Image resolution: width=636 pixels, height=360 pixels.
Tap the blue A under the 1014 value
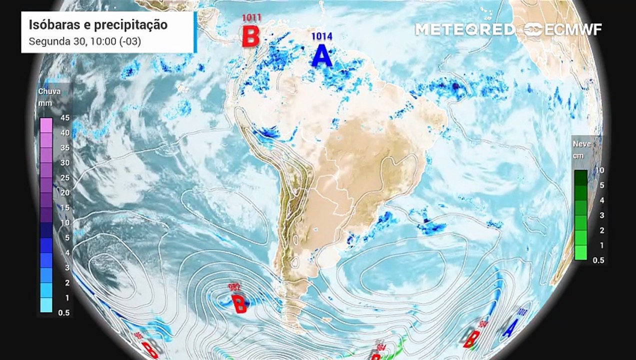click(x=321, y=56)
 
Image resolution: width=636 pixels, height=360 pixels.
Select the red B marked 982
click(x=239, y=303)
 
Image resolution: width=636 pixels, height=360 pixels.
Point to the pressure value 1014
click(x=321, y=36)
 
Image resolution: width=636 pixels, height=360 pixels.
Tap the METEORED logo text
click(x=464, y=29)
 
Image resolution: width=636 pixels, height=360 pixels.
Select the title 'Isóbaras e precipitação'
click(x=98, y=25)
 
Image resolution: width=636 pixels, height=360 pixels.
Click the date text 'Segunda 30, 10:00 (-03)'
click(x=85, y=41)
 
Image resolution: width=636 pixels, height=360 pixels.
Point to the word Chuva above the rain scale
click(x=49, y=91)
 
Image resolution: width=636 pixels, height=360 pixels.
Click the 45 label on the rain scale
click(x=65, y=118)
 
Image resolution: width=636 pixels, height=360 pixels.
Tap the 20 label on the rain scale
click(x=65, y=193)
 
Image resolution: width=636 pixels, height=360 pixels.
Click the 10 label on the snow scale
click(x=599, y=170)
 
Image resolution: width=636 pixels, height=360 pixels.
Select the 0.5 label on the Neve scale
click(x=598, y=260)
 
